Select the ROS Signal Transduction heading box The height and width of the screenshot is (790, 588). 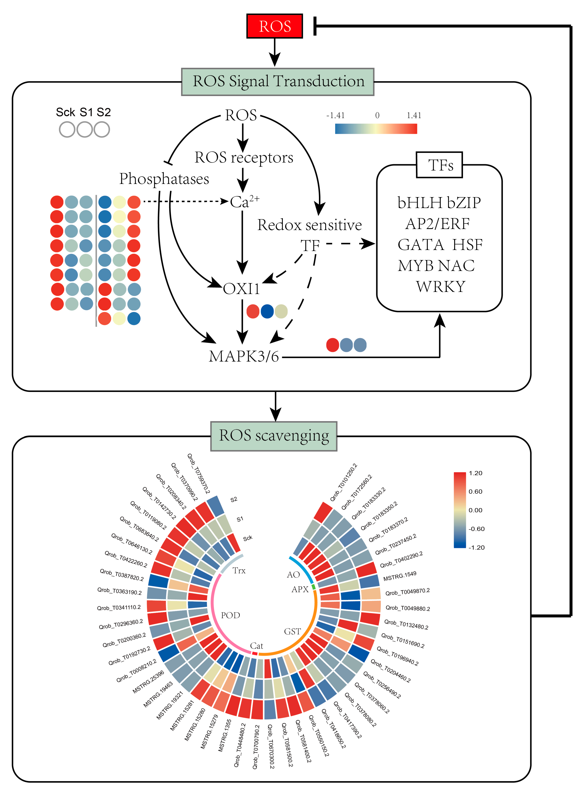278,82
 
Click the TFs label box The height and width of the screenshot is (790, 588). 440,165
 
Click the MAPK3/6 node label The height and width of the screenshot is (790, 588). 244,356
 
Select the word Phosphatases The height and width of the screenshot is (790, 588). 164,179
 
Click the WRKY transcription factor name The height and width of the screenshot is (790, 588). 441,286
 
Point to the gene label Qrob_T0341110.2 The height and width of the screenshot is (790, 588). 119,608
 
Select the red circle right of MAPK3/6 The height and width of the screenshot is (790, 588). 332,345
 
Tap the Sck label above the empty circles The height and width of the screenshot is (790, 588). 65,112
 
